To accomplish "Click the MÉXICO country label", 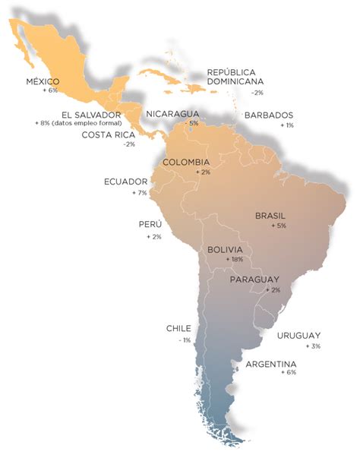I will pos(42,81).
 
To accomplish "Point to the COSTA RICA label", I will pos(109,134).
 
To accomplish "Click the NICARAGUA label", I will pos(173,113).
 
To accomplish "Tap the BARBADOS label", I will pos(268,115).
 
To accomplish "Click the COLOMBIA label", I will pos(186,163).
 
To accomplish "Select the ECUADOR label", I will pos(125,182).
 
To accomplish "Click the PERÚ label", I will pos(150,225).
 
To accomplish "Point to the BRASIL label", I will pos(270,216).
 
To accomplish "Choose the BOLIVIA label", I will pos(225,249).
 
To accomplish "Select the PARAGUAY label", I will pos(254,280).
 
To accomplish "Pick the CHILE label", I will pos(178,329).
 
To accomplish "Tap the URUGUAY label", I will pos(298,336).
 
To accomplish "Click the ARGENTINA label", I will pos(271,365).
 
